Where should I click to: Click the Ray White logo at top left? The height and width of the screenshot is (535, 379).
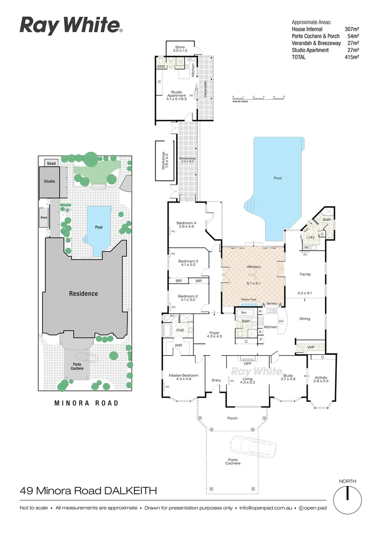click(71, 25)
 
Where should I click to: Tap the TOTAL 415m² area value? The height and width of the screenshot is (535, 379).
click(351, 57)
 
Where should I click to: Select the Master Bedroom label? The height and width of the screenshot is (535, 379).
click(184, 377)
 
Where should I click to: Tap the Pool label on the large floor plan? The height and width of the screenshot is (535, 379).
click(277, 177)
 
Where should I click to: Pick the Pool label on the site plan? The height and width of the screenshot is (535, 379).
click(99, 227)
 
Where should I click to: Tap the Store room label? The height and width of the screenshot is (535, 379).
click(179, 49)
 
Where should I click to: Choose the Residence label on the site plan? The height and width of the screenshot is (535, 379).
click(83, 294)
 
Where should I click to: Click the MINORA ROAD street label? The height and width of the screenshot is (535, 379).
click(86, 403)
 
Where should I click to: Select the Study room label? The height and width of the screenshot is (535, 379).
click(288, 377)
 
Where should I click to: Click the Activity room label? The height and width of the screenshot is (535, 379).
click(321, 379)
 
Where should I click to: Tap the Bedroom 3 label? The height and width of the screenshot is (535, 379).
click(188, 263)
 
